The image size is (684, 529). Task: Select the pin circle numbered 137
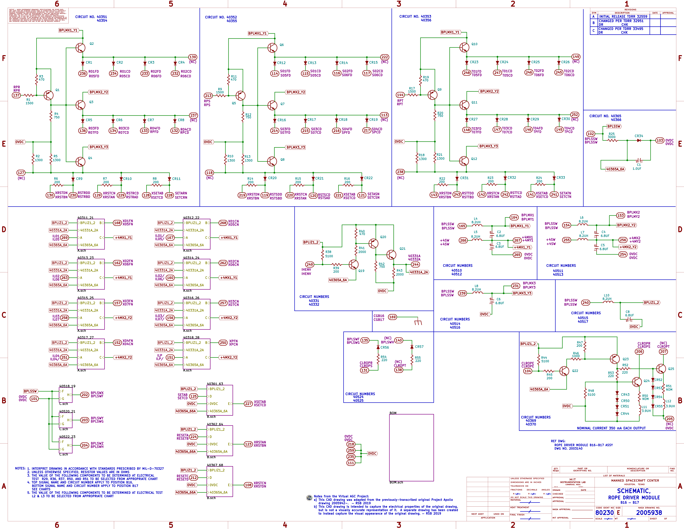(x=16, y=95)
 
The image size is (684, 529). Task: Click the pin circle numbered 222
(x=385, y=57)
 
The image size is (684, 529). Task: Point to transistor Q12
(x=464, y=160)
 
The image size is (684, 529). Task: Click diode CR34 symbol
(x=639, y=140)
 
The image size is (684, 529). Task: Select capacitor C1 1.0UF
(x=639, y=160)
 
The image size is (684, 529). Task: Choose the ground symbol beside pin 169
(x=418, y=322)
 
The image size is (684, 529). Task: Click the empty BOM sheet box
(x=411, y=447)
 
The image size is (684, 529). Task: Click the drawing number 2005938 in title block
(x=649, y=513)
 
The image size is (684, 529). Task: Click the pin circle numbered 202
(x=85, y=395)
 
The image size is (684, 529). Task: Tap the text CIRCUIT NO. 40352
(x=221, y=17)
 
